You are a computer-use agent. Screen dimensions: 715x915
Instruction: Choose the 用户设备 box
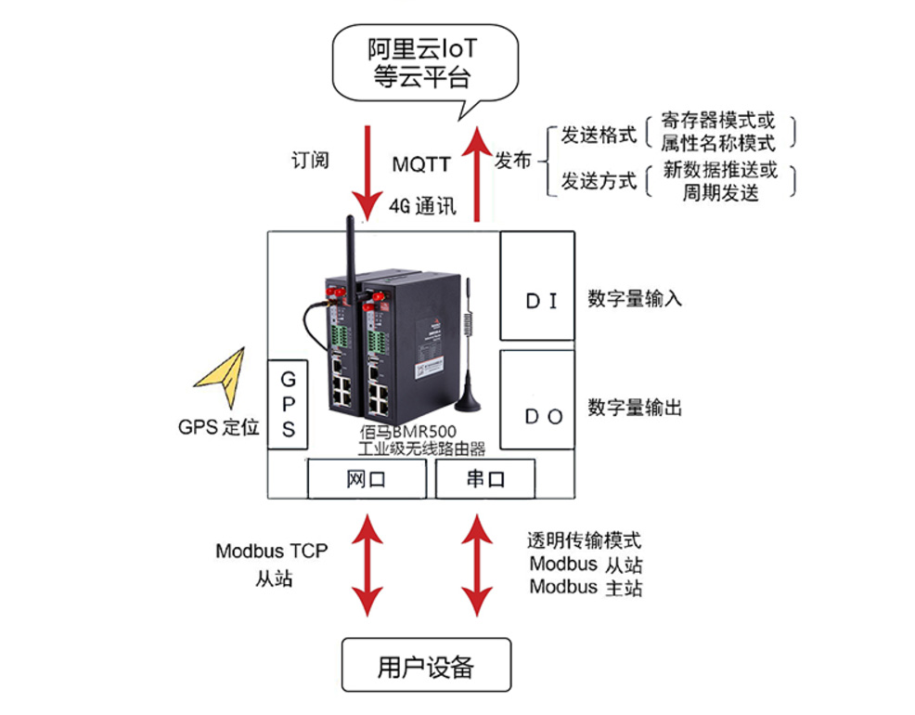click(426, 665)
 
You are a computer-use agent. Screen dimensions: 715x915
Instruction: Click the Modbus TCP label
click(271, 551)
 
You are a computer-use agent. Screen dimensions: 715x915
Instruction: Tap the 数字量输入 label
click(635, 299)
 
